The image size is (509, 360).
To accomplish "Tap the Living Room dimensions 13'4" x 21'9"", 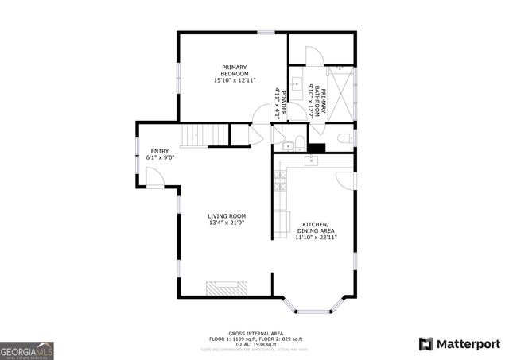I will pos(227,223).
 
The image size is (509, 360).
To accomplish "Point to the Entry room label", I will pos(160,152).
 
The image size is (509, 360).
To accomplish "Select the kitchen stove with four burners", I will pos(281,182).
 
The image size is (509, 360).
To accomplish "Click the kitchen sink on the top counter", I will pos(312,162).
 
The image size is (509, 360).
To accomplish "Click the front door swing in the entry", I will pos(155,180).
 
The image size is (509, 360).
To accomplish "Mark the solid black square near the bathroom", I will pos(317,147).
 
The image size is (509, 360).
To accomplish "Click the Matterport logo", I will pos(459,343).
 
